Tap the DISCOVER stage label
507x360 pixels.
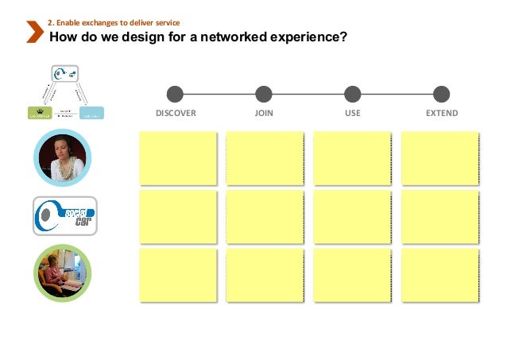(176, 114)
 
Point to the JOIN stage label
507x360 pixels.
(264, 114)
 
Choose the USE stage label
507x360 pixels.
(353, 114)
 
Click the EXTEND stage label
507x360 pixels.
(442, 114)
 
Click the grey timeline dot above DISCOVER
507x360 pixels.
(176, 94)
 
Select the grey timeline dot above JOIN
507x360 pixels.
(264, 94)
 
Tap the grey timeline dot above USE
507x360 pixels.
(353, 94)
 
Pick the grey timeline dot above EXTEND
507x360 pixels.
(442, 94)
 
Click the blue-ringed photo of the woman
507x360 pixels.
(63, 157)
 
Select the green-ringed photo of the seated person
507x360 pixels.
(63, 273)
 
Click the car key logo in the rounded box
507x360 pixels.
(64, 215)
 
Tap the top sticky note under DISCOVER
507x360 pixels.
(177, 157)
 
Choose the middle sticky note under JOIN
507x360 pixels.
(265, 215)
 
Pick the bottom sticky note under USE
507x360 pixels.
(352, 274)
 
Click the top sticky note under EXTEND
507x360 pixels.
(439, 157)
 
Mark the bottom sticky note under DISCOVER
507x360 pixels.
(177, 274)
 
